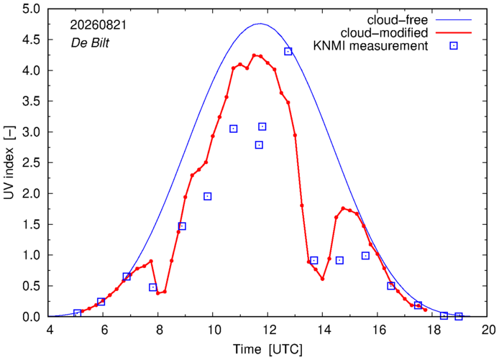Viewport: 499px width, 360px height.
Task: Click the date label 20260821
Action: pos(99,25)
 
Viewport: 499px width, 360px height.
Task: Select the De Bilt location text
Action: pos(90,43)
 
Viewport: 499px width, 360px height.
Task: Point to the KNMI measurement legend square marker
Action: pos(454,46)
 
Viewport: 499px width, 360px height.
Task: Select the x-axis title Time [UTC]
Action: pos(268,349)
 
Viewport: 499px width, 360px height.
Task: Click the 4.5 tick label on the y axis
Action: pos(32,40)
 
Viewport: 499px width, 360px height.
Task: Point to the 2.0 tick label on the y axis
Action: pos(32,194)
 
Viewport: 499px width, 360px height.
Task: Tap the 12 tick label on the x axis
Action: pos(268,330)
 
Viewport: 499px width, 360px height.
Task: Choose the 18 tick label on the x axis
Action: pos(432,330)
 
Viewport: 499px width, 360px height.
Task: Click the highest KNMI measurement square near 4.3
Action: pos(288,52)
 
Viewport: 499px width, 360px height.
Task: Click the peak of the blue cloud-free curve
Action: pos(260,23)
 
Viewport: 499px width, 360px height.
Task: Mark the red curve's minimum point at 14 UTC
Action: pos(322,279)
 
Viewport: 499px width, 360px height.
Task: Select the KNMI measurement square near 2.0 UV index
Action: pos(208,197)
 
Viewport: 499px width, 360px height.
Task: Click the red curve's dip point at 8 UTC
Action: pos(158,293)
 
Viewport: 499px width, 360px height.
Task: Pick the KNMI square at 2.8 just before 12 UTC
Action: pos(259,145)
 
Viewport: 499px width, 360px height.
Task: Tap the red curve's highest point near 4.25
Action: pos(254,55)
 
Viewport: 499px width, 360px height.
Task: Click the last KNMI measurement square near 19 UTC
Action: pos(459,316)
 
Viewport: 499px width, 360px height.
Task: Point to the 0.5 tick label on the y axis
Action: pos(32,286)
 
